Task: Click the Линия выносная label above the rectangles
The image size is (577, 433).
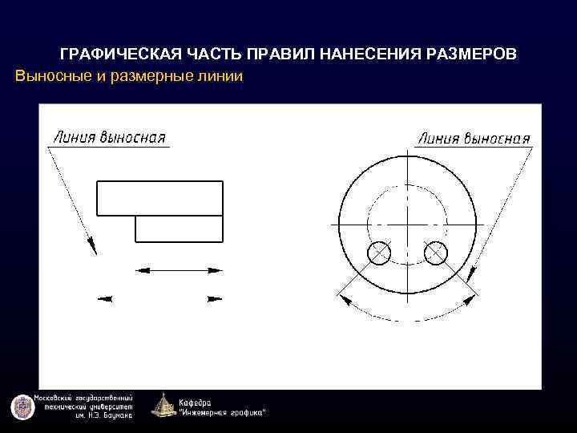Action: point(109,136)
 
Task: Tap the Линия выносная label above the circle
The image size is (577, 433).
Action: point(474,138)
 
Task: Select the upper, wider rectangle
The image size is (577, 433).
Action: point(159,197)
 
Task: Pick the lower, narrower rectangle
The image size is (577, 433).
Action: point(179,229)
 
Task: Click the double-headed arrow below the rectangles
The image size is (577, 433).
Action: point(179,270)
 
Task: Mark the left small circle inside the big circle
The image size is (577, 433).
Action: point(379,253)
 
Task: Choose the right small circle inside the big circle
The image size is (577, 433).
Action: point(435,253)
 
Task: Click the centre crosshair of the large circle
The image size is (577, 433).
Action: point(407,225)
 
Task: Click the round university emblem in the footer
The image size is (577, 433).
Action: point(19,407)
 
